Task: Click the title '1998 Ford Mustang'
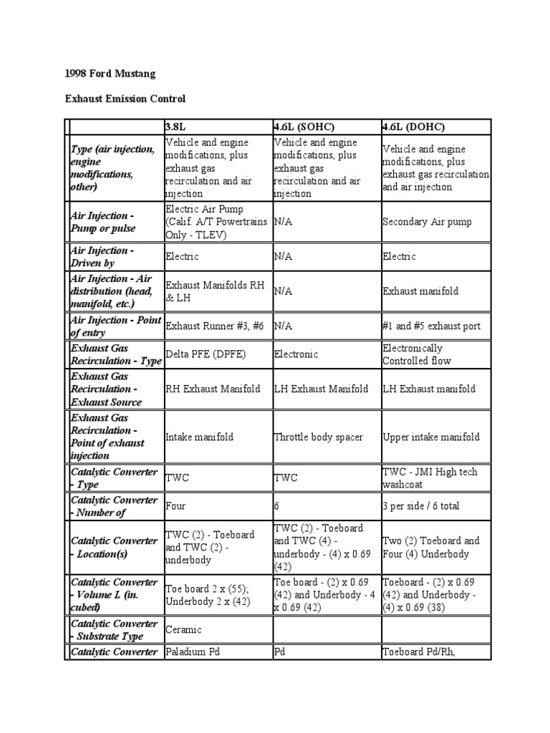click(x=110, y=74)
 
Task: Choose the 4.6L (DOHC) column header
click(x=414, y=127)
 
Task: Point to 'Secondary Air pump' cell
click(x=427, y=222)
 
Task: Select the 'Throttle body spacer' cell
click(x=319, y=437)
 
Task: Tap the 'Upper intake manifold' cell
click(x=431, y=437)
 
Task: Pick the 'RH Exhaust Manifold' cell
click(x=213, y=389)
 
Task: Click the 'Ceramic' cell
click(x=183, y=629)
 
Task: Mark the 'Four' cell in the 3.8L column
click(x=175, y=506)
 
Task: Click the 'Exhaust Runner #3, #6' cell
click(x=216, y=326)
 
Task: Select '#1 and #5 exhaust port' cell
click(x=431, y=326)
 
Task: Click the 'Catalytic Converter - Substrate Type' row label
click(x=112, y=630)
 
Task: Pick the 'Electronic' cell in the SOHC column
click(x=296, y=354)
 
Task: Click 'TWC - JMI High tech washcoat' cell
click(x=430, y=478)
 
